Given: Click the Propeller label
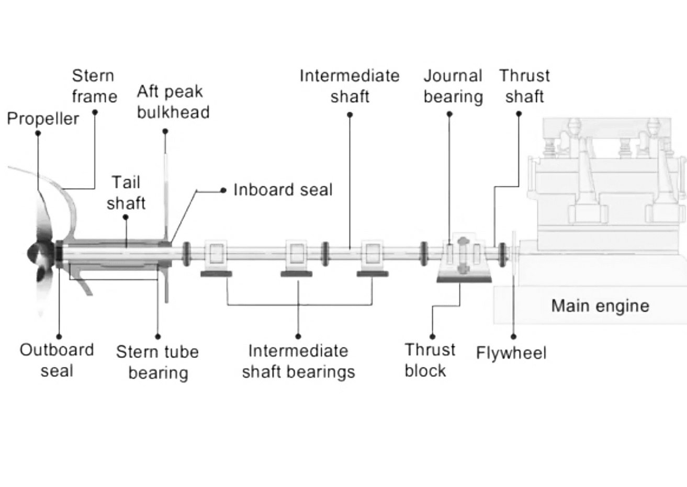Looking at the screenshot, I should point(43,119).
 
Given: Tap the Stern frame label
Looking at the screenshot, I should point(94,86).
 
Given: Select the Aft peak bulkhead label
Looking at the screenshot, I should point(173,102).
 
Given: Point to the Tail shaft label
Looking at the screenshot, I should point(126,192).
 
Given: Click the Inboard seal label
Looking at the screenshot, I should point(283,190).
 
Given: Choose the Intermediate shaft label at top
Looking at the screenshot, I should point(350,86).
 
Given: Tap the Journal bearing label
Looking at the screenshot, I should point(453,86).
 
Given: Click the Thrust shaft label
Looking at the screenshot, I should point(524,86).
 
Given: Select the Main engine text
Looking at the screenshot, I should point(600,306).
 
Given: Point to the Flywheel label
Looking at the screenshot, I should point(511,353).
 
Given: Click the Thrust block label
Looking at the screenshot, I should point(430,360).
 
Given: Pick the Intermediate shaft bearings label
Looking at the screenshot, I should point(298,361).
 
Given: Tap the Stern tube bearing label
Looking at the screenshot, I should point(157,362).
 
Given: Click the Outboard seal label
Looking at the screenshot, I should point(57,360).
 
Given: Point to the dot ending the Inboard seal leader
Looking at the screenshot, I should point(223,190).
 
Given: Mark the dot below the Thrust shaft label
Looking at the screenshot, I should point(519,114).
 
